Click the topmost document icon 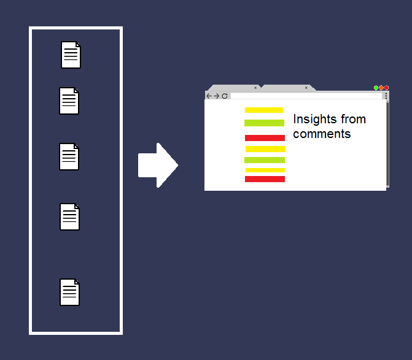71,55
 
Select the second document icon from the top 69,101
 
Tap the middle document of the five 69,156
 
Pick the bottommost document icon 69,292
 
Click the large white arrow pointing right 158,165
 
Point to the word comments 322,134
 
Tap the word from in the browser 354,119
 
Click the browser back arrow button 209,96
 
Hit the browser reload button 225,96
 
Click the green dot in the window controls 376,88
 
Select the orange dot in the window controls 381,88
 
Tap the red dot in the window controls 386,88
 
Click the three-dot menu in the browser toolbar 386,96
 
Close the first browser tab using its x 255,88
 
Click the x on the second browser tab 306,88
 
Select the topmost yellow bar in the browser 264,110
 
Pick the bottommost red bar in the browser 265,179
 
